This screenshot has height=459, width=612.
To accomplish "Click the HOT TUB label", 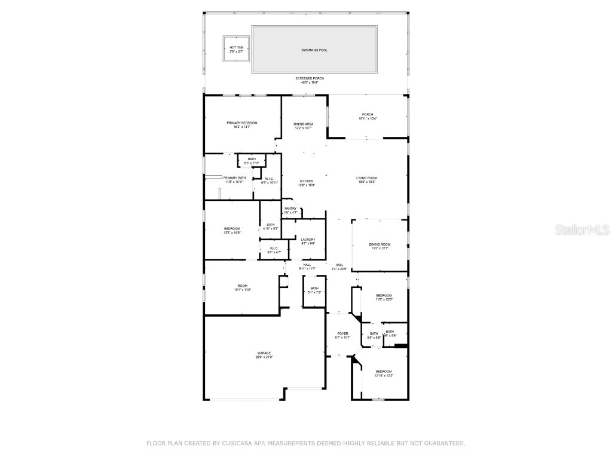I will coord(236,47).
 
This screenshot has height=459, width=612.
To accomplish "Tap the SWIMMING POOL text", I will coord(314,50).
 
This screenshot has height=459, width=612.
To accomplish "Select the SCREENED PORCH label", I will coord(310,78).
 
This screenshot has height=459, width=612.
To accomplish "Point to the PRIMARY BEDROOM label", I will coord(241,123).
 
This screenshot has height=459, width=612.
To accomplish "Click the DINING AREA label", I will coord(304,124).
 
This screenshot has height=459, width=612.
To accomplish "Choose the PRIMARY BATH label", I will coord(234,178).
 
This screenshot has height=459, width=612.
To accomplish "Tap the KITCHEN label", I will coord(307,181).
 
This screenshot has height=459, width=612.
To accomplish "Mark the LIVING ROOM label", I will coord(367,178).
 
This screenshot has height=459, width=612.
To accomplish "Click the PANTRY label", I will coord(290,208).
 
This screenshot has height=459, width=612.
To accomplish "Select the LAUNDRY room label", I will coord(308,239).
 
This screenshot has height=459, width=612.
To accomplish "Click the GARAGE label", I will coord(264,353).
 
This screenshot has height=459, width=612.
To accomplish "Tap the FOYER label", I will coord(342,333).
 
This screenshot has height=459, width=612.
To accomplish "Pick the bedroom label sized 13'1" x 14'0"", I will coord(232,228).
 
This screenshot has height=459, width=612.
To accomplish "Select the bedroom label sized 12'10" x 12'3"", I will coord(384,371).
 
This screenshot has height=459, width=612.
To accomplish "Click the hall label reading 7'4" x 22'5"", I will coord(339,265).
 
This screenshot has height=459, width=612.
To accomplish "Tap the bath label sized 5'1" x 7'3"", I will coord(314,288).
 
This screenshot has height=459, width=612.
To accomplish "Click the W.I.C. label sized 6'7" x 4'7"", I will coord(273,248).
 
